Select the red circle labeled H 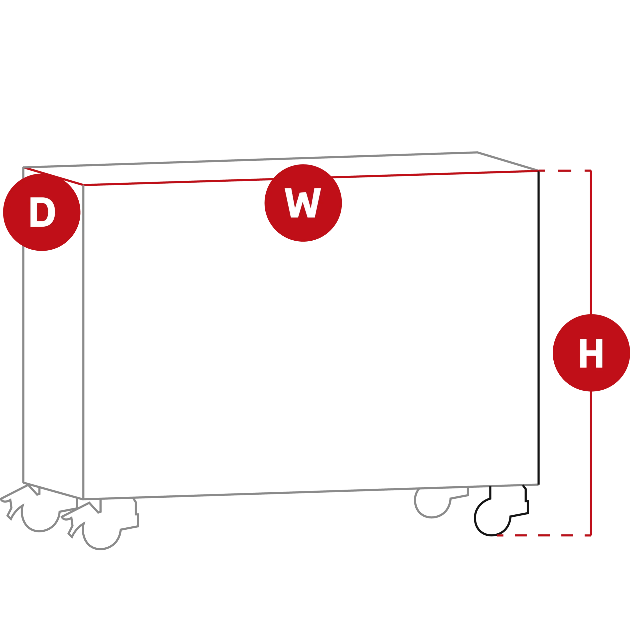click(x=591, y=353)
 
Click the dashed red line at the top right click(x=565, y=171)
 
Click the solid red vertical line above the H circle click(x=591, y=242)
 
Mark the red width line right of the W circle click(x=435, y=174)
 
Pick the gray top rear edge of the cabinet click(x=250, y=160)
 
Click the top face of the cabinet click(x=281, y=169)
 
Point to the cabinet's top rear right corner click(x=477, y=152)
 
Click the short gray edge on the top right click(x=508, y=161)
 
